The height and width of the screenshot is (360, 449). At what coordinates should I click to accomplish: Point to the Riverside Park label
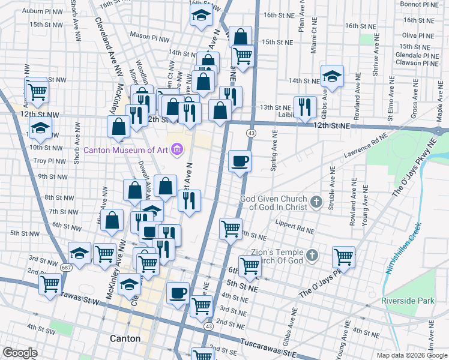click(406, 299)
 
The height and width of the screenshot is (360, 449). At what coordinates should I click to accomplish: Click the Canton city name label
click(125, 338)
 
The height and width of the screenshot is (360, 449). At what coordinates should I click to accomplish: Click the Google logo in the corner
click(20, 353)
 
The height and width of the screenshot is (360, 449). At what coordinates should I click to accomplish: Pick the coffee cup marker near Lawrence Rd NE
click(240, 161)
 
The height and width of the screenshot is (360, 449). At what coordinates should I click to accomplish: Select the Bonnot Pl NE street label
click(420, 4)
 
